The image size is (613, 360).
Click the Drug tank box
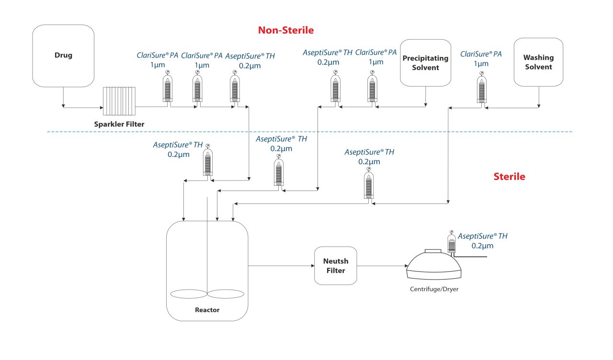tap(63, 56)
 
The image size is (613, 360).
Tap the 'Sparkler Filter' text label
tap(119, 124)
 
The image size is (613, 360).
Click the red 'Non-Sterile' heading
tap(286, 31)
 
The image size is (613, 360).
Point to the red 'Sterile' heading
tap(509, 177)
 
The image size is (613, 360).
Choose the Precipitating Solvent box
tap(425, 63)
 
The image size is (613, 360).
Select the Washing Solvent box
tap(538, 62)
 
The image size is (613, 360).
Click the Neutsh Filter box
tap(336, 266)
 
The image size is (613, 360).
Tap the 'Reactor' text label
tap(207, 310)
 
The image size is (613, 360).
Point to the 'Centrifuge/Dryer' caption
tap(434, 289)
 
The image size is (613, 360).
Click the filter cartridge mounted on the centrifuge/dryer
tap(451, 243)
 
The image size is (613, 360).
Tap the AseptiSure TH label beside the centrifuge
tap(482, 240)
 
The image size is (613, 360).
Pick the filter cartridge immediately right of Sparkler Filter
tap(168, 88)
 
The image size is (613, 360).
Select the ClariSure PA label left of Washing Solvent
tap(481, 59)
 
